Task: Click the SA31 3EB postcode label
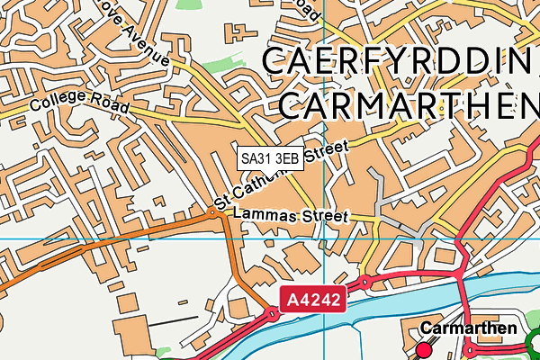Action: [270, 157]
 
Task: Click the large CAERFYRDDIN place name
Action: [400, 62]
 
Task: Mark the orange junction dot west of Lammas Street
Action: [214, 212]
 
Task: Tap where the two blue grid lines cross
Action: [324, 238]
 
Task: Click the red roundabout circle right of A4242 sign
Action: [366, 283]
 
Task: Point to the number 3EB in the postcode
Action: [286, 157]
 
